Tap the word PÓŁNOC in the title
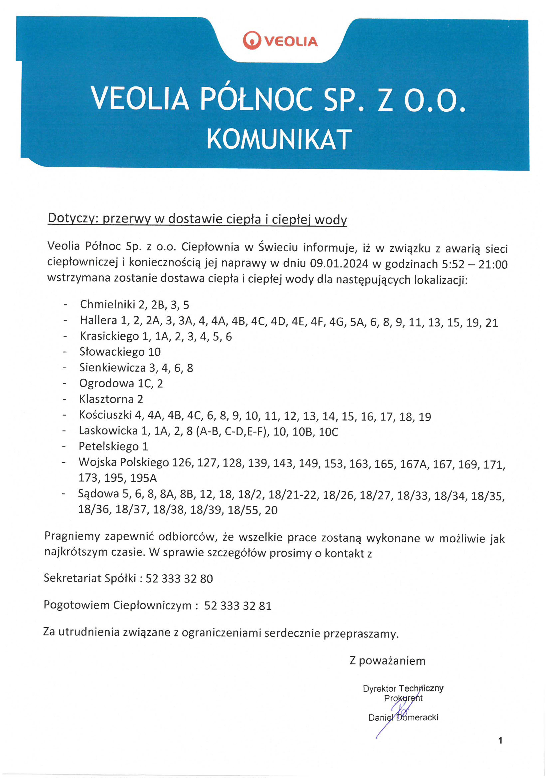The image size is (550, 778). [x=256, y=99]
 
